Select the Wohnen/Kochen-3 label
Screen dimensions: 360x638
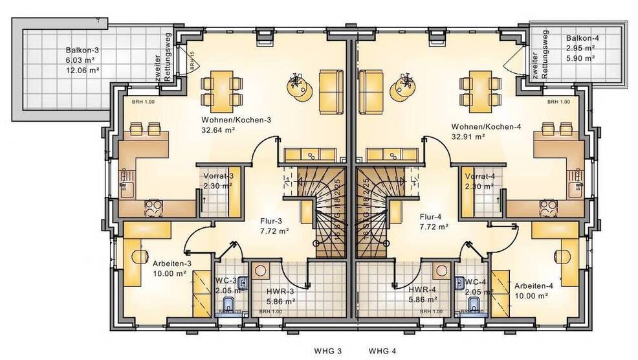[x=227, y=120]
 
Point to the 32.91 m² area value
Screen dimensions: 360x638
[x=469, y=137]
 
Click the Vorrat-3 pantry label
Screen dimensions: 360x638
[x=219, y=176]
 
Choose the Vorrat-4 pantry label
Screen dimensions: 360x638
[x=480, y=176]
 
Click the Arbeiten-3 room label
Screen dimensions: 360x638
[x=171, y=264]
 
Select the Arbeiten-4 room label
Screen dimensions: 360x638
[x=533, y=286]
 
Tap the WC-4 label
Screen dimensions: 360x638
[x=475, y=282]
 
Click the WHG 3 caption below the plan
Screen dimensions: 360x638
[x=329, y=352]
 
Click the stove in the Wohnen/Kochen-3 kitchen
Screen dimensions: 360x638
[x=155, y=207]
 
